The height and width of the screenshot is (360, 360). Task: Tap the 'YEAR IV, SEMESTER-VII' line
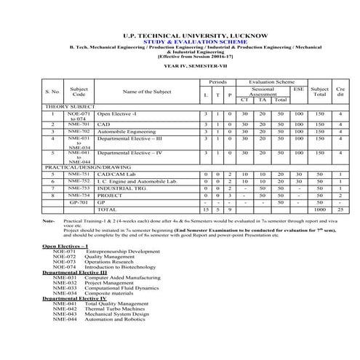click(x=179, y=65)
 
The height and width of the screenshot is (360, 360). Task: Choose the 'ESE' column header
click(x=298, y=89)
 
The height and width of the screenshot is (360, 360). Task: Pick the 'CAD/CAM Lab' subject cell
click(x=116, y=174)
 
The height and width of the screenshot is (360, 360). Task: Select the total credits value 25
click(x=340, y=209)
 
